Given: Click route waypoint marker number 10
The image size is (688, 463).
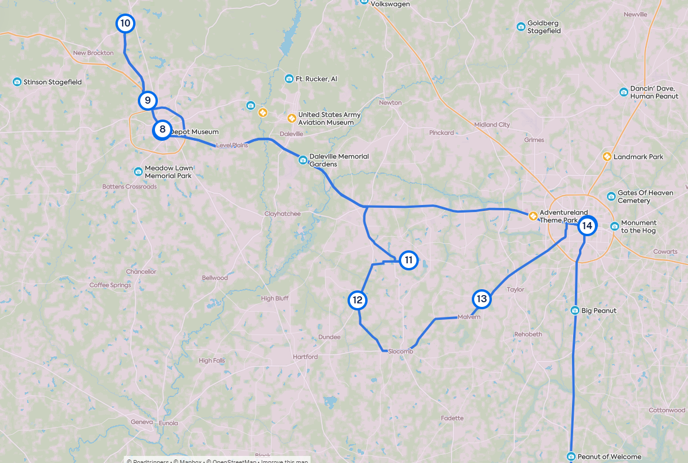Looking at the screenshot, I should [125, 24].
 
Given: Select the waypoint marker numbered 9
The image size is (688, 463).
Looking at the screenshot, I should [148, 100].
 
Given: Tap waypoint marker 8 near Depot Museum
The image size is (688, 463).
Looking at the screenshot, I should [162, 130].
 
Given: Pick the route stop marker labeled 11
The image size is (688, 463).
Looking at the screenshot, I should [409, 260].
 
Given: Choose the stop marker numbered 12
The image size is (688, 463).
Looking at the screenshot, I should [357, 300].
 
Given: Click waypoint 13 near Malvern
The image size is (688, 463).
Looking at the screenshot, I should [482, 299].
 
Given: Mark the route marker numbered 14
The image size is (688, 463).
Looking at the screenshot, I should [587, 226].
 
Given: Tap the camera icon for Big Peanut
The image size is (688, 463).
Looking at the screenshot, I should [575, 310].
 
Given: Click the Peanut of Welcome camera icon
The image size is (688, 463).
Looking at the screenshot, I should [571, 457].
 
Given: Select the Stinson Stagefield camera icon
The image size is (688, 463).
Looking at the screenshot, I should [17, 82].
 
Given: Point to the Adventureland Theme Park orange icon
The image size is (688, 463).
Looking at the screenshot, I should [533, 216].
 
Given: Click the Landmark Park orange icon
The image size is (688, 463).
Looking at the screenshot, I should [607, 157].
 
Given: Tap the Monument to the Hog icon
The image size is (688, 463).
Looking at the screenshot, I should [615, 226].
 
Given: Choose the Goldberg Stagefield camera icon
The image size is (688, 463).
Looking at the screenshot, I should [521, 27].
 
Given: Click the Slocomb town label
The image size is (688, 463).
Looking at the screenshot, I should [401, 352].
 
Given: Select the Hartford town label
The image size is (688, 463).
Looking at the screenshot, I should [305, 357].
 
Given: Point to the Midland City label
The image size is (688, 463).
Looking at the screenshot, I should [492, 125].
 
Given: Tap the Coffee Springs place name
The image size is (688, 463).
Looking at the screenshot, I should [110, 285].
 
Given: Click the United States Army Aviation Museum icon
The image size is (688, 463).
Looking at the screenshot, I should [291, 118].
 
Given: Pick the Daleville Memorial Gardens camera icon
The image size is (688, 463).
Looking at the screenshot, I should [303, 160].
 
